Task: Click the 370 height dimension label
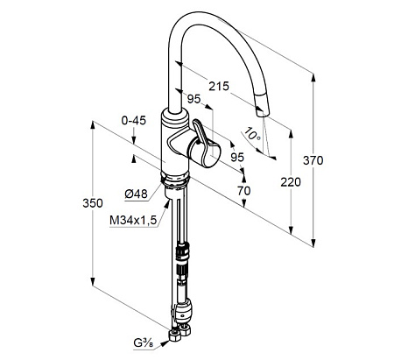point(313,160)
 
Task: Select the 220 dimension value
point(291,182)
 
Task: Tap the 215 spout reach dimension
point(219,86)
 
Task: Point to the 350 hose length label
point(93,203)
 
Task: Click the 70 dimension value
point(244,191)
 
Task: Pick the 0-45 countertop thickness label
point(134,120)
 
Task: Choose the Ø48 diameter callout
point(136,194)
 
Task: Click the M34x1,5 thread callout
point(133,220)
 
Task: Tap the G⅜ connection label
point(143,343)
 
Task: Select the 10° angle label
point(252,134)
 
